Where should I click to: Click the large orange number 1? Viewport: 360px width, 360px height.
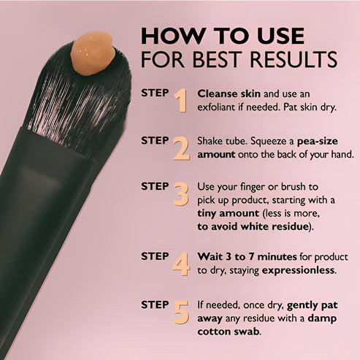point(179,101)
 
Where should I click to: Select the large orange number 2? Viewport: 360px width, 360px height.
point(180,148)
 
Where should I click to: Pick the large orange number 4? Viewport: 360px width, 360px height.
point(180,264)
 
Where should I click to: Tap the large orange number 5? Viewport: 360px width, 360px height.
point(180,313)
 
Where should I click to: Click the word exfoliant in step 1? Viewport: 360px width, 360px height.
point(222,107)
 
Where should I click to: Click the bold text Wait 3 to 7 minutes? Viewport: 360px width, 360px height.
point(248,256)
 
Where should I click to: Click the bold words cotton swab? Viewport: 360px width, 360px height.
point(228,331)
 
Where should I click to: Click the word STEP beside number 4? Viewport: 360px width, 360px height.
point(155,256)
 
